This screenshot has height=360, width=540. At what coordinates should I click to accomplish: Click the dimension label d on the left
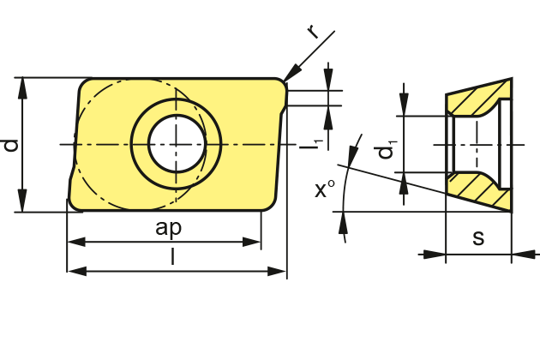[11, 145]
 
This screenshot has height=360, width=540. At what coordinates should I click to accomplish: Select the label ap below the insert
[169, 227]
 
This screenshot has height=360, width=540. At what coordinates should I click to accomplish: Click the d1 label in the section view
[387, 149]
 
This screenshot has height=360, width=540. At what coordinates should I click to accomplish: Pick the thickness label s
[478, 238]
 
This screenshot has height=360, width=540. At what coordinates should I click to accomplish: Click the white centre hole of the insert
[177, 142]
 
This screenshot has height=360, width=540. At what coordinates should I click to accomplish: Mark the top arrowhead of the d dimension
[23, 84]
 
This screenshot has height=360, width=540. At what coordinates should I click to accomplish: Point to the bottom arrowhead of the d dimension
[23, 205]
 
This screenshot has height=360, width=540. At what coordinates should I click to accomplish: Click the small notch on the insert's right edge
[282, 111]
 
